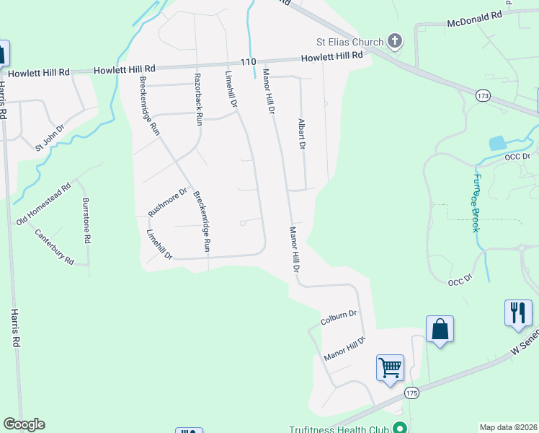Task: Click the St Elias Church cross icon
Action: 395,41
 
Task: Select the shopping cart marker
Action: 390,368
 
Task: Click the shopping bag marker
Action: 440,330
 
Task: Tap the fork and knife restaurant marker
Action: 518,313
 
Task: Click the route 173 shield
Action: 483,95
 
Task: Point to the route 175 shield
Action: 411,393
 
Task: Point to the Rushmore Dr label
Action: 167,202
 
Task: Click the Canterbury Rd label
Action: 55,247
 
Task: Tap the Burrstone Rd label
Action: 86,220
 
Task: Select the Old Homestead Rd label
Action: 43,204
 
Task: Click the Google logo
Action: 24,424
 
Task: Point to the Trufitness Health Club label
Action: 339,429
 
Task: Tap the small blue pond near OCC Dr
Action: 497,143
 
